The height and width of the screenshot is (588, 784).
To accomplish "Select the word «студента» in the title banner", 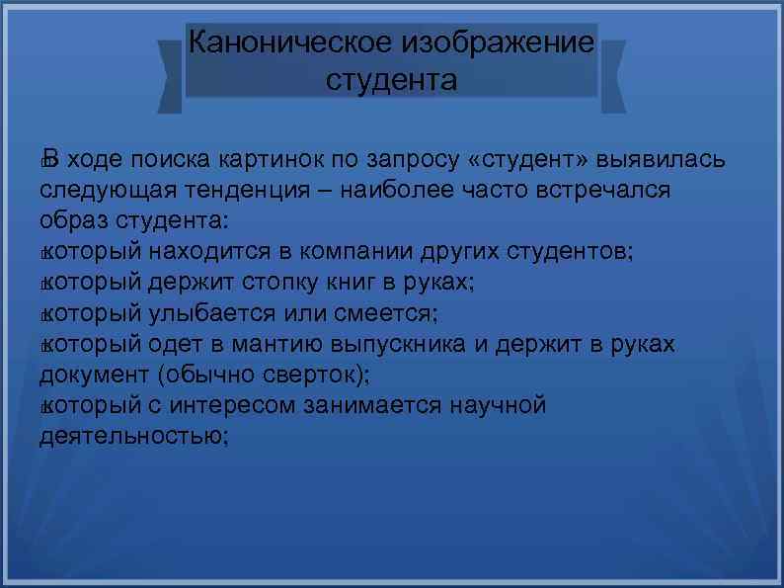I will [391, 79].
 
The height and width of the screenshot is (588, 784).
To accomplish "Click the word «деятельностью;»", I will [133, 436].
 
